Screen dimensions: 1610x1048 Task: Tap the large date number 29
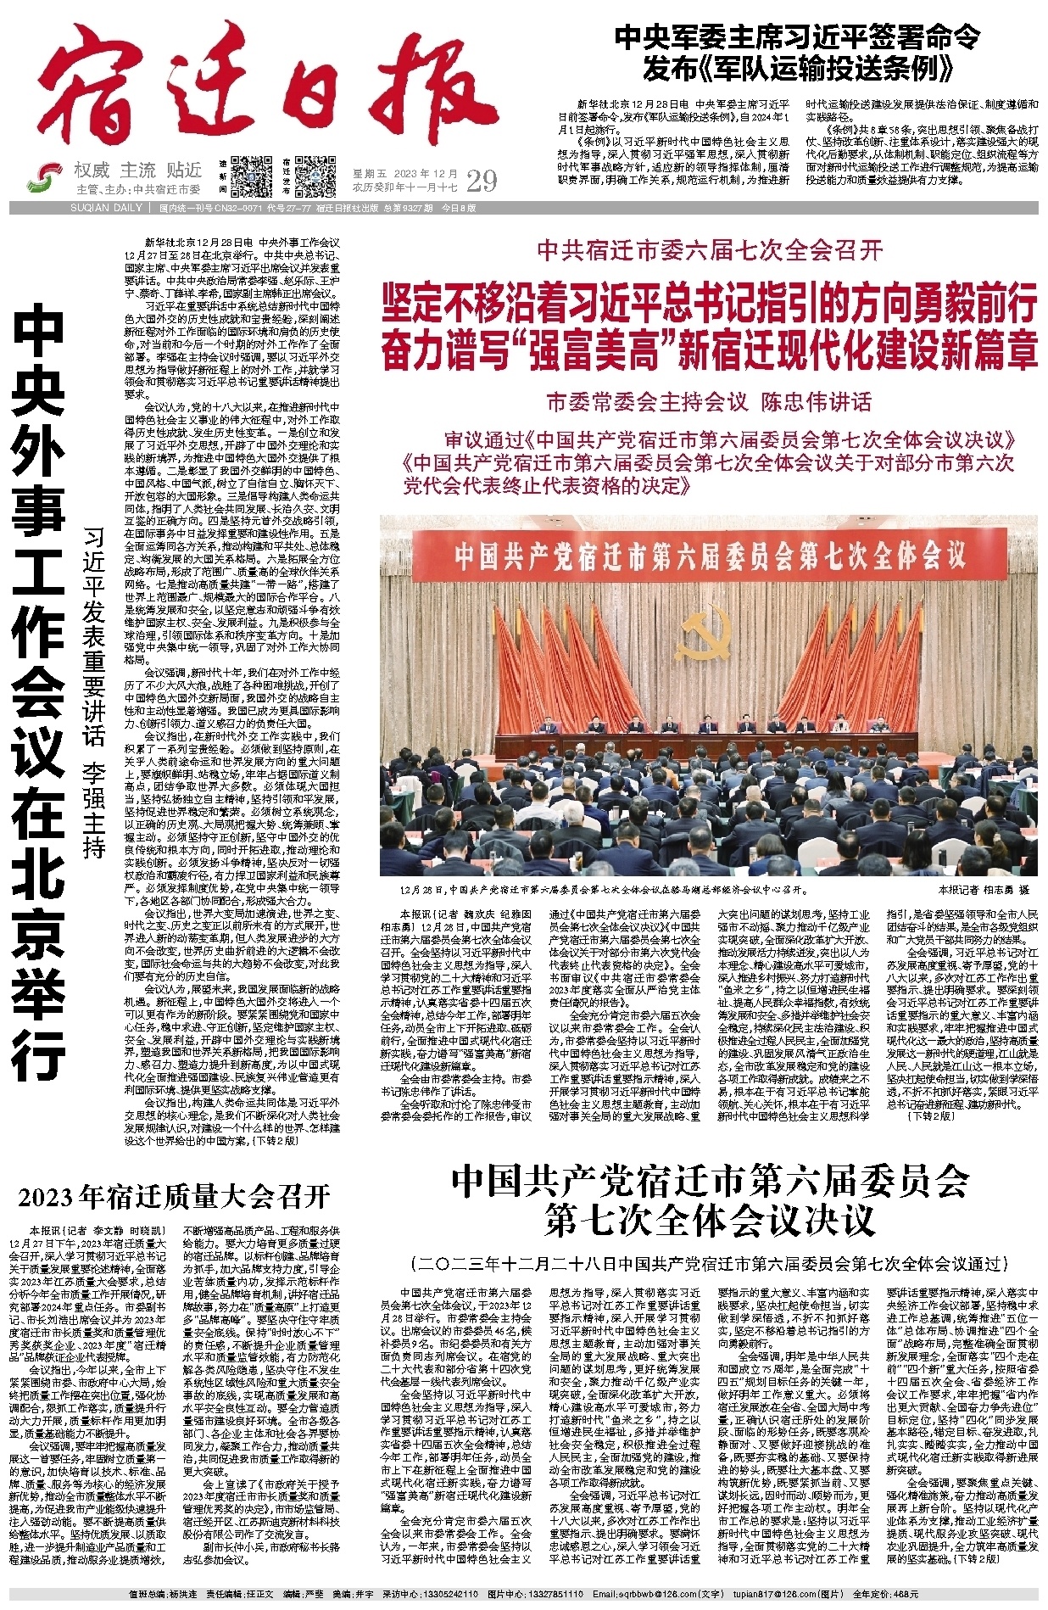pyautogui.click(x=481, y=181)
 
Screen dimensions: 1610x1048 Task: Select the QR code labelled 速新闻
pyautogui.click(x=252, y=176)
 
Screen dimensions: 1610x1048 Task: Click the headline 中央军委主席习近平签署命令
pyautogui.click(x=796, y=37)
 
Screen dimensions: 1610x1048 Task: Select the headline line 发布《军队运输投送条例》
pyautogui.click(x=796, y=68)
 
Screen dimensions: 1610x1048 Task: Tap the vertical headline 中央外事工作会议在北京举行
pyautogui.click(x=40, y=691)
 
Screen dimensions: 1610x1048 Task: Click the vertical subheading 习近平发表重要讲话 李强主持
pyautogui.click(x=94, y=691)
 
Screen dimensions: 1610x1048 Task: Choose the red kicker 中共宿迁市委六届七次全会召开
pyautogui.click(x=710, y=250)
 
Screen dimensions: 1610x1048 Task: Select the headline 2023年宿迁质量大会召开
pyautogui.click(x=174, y=1197)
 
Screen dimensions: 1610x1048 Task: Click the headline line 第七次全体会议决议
pyautogui.click(x=710, y=1221)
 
